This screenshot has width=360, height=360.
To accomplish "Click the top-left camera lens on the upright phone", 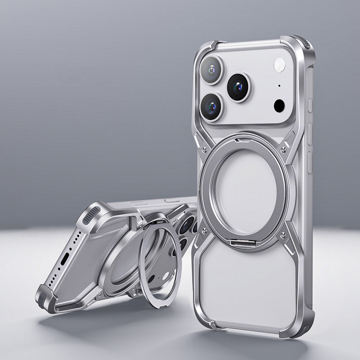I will click(x=211, y=70).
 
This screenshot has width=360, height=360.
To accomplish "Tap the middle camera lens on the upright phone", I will click(x=238, y=86).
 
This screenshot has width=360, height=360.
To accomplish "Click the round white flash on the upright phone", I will click(x=279, y=66).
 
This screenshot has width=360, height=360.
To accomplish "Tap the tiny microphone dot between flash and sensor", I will click(x=279, y=85).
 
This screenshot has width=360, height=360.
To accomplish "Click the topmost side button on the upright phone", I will click(x=310, y=104).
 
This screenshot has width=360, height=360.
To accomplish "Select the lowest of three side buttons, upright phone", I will click(x=310, y=163).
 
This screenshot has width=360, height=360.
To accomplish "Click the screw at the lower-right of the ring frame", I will click(x=283, y=234).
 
